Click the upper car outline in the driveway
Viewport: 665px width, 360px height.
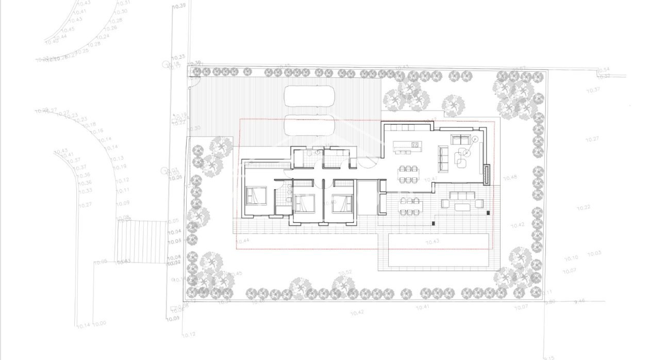point(309,95)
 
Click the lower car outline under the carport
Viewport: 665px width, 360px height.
point(309,125)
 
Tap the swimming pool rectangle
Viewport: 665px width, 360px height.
point(438,250)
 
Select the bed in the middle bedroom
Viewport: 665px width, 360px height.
point(304,203)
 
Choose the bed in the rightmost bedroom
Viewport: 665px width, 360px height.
point(341,203)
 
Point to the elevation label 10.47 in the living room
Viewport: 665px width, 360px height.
point(431,179)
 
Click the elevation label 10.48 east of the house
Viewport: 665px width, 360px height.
point(510,177)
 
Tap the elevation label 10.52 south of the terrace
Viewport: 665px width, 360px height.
point(345,272)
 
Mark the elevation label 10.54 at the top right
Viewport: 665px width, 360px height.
point(604,69)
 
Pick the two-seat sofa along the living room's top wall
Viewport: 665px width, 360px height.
point(459,139)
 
